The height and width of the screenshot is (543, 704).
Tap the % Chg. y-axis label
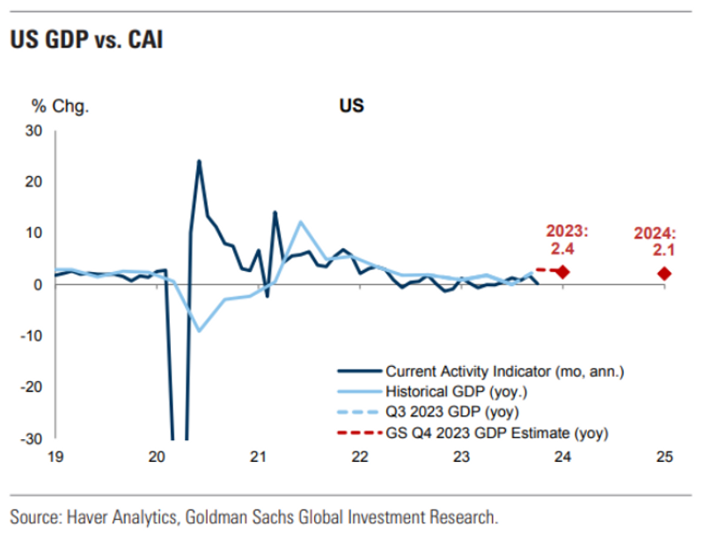point(61,106)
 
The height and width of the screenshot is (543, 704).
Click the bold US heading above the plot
point(352,106)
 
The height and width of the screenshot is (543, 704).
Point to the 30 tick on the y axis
point(34,131)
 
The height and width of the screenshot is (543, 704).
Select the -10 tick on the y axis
point(32,336)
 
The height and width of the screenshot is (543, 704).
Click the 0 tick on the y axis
point(39,285)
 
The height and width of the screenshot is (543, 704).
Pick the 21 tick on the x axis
point(258,457)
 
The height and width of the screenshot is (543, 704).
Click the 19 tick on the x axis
point(55,457)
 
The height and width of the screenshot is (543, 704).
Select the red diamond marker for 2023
point(563,272)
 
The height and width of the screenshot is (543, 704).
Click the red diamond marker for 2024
point(664,274)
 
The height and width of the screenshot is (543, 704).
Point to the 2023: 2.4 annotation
point(567,240)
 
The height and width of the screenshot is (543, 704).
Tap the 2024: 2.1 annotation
point(655,242)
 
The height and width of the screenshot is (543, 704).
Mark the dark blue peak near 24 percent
point(199,161)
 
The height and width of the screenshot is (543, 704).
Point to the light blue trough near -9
point(199,331)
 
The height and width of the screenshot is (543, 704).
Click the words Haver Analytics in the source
point(117,517)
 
